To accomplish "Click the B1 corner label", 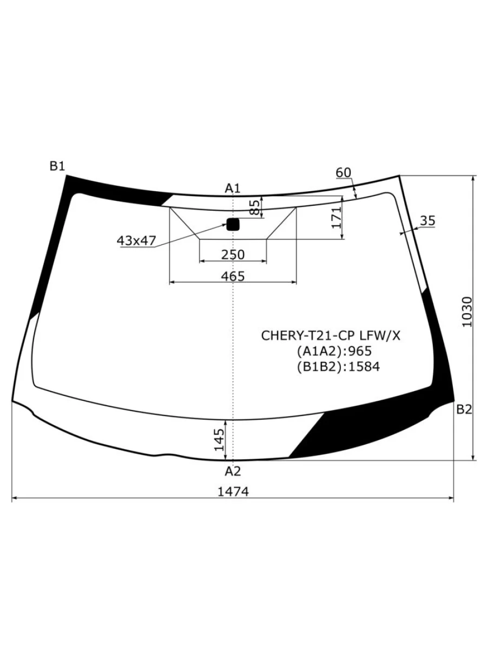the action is coord(57,166).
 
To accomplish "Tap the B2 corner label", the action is coord(464,409).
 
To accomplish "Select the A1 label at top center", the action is coord(233,188).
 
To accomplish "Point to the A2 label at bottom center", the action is coord(233,471).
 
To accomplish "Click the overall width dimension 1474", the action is coord(233,492).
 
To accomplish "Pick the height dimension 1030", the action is coord(467,312).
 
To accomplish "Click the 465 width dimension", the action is coord(233,276).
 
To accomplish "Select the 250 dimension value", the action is coord(233,255).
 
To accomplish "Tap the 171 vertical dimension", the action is coord(336,218).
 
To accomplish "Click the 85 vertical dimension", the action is coord(254,207).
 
